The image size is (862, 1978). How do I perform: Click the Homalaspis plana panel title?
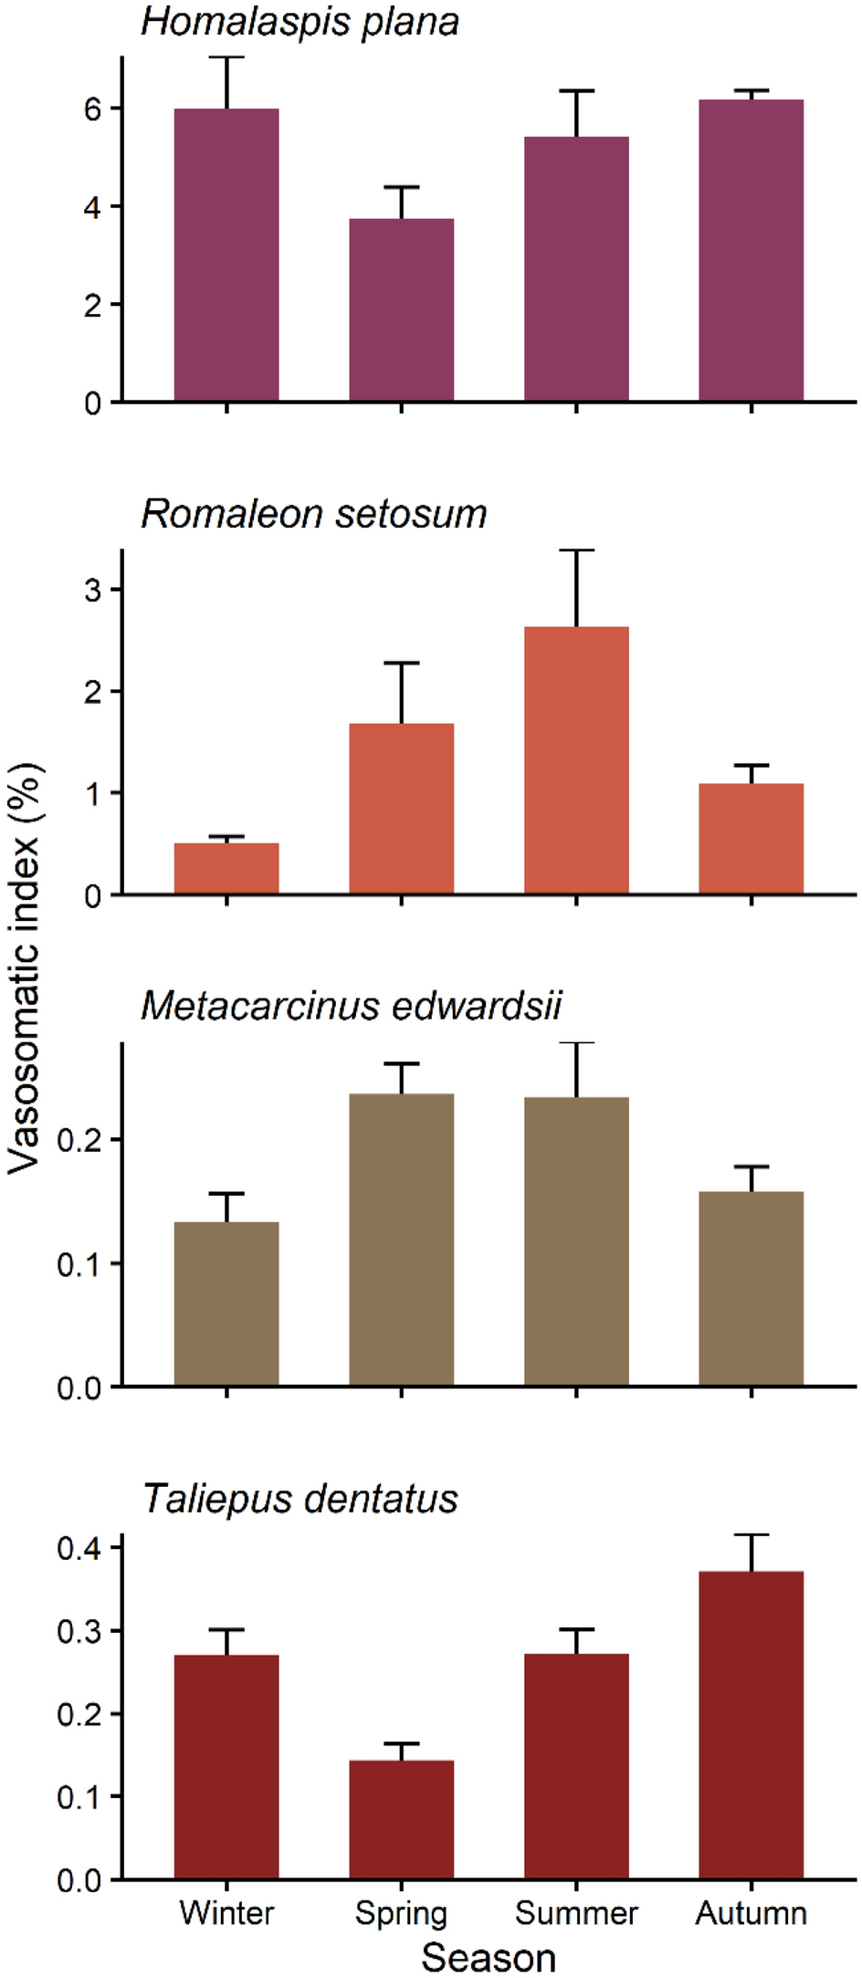tap(299, 23)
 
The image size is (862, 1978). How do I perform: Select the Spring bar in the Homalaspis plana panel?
tap(401, 310)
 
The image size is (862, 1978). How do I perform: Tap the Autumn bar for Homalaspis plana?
tap(751, 251)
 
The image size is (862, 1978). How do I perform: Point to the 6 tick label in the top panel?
tap(92, 110)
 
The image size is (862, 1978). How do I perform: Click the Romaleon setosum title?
tap(313, 515)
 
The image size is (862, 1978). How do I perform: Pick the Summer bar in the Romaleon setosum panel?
tap(576, 759)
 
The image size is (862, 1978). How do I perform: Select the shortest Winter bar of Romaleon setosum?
tap(226, 868)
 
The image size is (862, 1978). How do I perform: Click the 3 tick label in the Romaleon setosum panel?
tap(92, 591)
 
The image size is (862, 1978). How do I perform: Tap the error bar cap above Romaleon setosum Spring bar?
tap(401, 663)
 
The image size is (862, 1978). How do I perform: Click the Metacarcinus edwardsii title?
tap(352, 1007)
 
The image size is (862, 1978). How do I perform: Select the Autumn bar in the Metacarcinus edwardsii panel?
tap(751, 1289)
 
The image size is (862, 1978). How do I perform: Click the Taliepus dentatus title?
tap(300, 1500)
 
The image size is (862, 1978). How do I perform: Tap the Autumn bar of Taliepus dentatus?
tap(751, 1725)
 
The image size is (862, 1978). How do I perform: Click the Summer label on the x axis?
tap(576, 1913)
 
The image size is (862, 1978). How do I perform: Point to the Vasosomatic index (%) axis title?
tap(26, 968)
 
